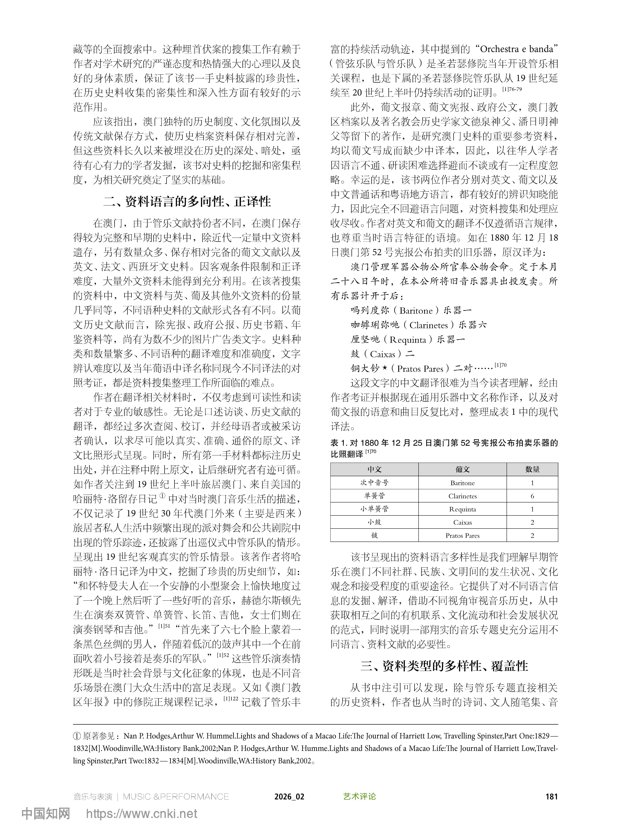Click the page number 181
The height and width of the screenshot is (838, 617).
(551, 797)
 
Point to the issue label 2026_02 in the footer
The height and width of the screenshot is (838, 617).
(289, 797)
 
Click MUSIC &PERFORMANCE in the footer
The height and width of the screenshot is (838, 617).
(175, 797)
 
